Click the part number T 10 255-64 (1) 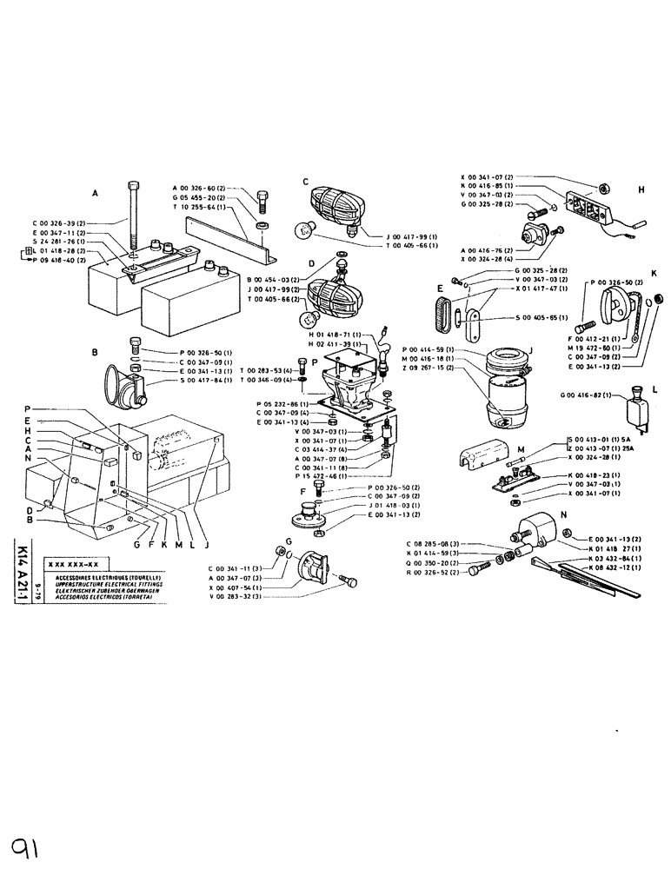click(x=201, y=208)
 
